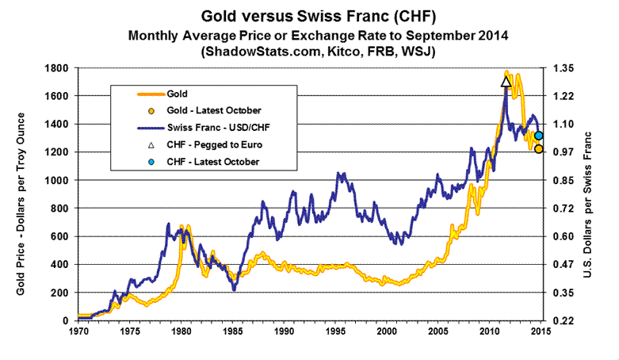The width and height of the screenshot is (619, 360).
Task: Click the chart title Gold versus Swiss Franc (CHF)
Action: point(315,17)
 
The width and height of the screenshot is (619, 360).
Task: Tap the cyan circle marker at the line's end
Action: point(538,136)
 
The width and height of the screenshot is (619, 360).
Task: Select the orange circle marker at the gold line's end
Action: point(538,148)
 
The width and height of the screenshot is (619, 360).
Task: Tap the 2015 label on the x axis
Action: point(541,331)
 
